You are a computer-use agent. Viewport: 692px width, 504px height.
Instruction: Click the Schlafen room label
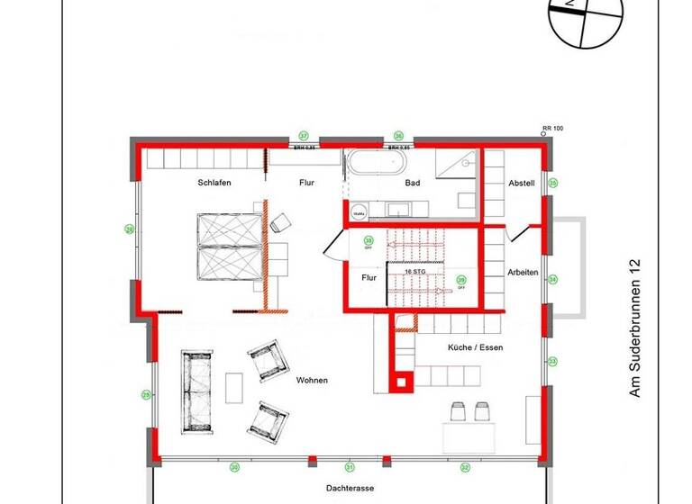[215, 183]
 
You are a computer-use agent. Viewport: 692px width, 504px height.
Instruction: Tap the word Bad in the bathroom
[413, 183]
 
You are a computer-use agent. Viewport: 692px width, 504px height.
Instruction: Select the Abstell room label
[521, 183]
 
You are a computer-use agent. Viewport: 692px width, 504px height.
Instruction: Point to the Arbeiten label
[523, 273]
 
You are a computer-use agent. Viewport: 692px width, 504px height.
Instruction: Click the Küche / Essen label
[475, 346]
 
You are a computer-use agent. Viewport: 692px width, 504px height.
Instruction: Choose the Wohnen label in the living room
[312, 381]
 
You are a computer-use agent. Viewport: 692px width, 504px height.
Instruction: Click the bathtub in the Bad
[377, 164]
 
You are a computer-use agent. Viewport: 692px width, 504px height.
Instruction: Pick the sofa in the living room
[197, 390]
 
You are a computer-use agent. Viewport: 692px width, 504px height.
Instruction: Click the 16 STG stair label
[414, 271]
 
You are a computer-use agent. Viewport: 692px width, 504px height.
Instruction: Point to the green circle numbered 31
[350, 467]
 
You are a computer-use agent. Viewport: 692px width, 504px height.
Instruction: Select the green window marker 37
[304, 135]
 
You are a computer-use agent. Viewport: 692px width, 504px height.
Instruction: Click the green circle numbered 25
[145, 393]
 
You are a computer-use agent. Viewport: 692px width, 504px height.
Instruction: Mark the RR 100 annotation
[552, 130]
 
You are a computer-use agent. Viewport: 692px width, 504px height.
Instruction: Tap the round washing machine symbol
[359, 213]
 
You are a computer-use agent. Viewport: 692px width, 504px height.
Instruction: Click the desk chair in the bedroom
[280, 221]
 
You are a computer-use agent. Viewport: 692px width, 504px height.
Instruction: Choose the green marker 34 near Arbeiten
[553, 279]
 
